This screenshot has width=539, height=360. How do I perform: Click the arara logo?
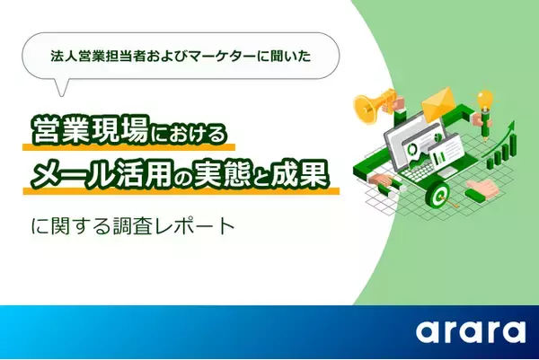(x=470, y=331)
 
